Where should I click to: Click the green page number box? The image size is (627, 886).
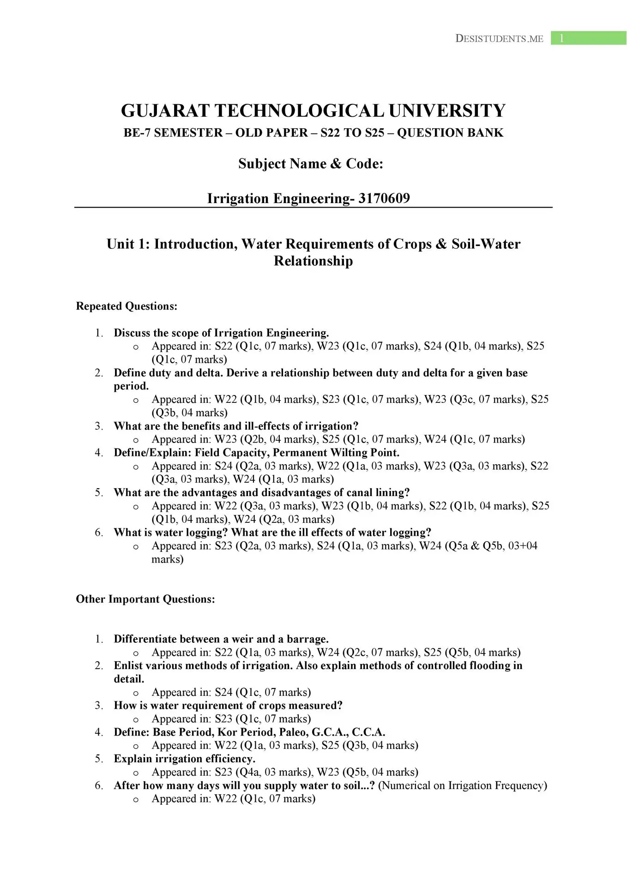(x=588, y=38)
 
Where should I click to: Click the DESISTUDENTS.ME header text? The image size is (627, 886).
(x=499, y=39)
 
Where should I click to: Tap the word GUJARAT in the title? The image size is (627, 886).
(x=165, y=111)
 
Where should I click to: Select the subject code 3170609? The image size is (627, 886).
(x=384, y=198)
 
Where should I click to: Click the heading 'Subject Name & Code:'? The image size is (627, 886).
(x=311, y=164)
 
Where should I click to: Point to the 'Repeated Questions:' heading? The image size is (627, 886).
(x=127, y=306)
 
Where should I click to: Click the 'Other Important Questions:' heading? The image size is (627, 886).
(x=145, y=599)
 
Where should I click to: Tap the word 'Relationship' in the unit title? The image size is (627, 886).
(x=313, y=261)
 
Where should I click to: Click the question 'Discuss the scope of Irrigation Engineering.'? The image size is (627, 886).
(x=221, y=333)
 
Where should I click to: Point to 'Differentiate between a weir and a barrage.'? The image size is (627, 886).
(x=221, y=639)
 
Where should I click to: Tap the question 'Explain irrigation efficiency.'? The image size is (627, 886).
(x=184, y=759)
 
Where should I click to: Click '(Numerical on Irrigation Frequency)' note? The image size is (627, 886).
(x=462, y=785)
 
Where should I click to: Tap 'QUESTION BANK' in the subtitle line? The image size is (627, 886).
(x=450, y=133)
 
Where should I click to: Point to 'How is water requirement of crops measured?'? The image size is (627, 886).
(x=228, y=706)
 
